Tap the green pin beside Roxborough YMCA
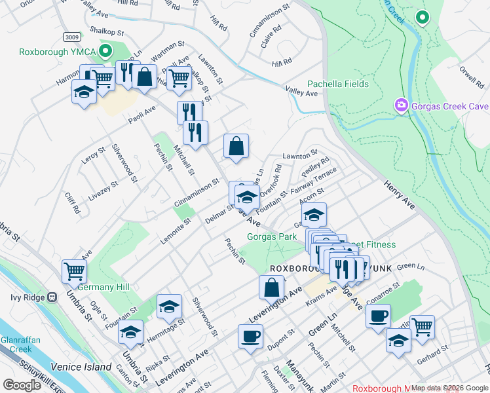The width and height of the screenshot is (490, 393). (x=105, y=51)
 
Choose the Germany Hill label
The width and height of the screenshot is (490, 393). (x=104, y=287)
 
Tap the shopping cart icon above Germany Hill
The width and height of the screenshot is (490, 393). (x=74, y=270)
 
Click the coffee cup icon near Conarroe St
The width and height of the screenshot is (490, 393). (x=378, y=316)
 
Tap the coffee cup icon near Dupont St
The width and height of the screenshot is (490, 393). (x=250, y=336)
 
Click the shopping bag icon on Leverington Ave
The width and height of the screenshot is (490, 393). (x=271, y=286)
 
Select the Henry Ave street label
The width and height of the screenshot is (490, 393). (x=400, y=195)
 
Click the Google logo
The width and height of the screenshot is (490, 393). (x=22, y=385)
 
